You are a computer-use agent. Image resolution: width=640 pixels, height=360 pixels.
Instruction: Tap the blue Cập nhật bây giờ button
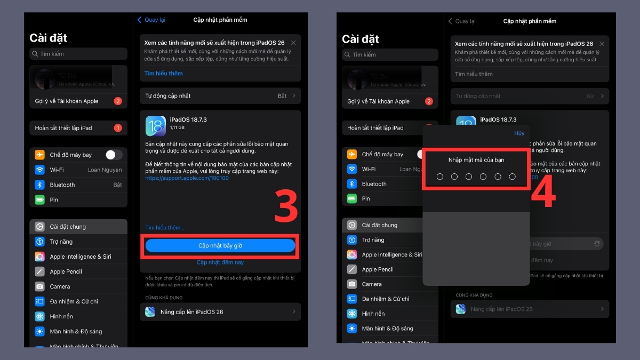220,245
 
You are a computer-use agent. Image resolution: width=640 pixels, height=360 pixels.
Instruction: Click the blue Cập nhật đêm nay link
220,262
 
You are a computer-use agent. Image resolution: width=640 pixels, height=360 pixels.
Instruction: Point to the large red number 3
286,206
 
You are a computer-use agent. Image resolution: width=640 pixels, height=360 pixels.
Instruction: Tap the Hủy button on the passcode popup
519,133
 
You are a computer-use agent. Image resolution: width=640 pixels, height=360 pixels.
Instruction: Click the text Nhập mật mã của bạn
476,160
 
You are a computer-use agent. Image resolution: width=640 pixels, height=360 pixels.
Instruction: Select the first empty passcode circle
440,177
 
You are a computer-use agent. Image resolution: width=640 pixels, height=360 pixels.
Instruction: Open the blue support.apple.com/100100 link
187,178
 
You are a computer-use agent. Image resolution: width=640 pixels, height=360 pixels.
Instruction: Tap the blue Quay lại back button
151,20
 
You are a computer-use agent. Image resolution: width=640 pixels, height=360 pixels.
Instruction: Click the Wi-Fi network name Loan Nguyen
105,170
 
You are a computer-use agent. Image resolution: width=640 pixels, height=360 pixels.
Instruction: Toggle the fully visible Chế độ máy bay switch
114,155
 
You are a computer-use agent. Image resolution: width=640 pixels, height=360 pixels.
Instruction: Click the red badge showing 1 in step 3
118,128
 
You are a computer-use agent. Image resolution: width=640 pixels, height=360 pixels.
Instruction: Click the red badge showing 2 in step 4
429,101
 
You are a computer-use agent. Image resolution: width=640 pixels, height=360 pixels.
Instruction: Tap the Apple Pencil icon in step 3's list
39,271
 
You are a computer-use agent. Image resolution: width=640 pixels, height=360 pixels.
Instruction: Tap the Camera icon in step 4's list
352,284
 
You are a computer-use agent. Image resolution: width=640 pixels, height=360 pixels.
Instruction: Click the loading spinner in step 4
597,244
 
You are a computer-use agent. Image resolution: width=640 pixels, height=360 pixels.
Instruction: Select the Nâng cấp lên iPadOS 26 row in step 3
220,311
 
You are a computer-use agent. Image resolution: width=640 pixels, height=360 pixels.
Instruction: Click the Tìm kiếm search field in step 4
390,54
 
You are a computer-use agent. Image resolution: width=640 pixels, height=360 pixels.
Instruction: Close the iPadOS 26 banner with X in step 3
293,43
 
